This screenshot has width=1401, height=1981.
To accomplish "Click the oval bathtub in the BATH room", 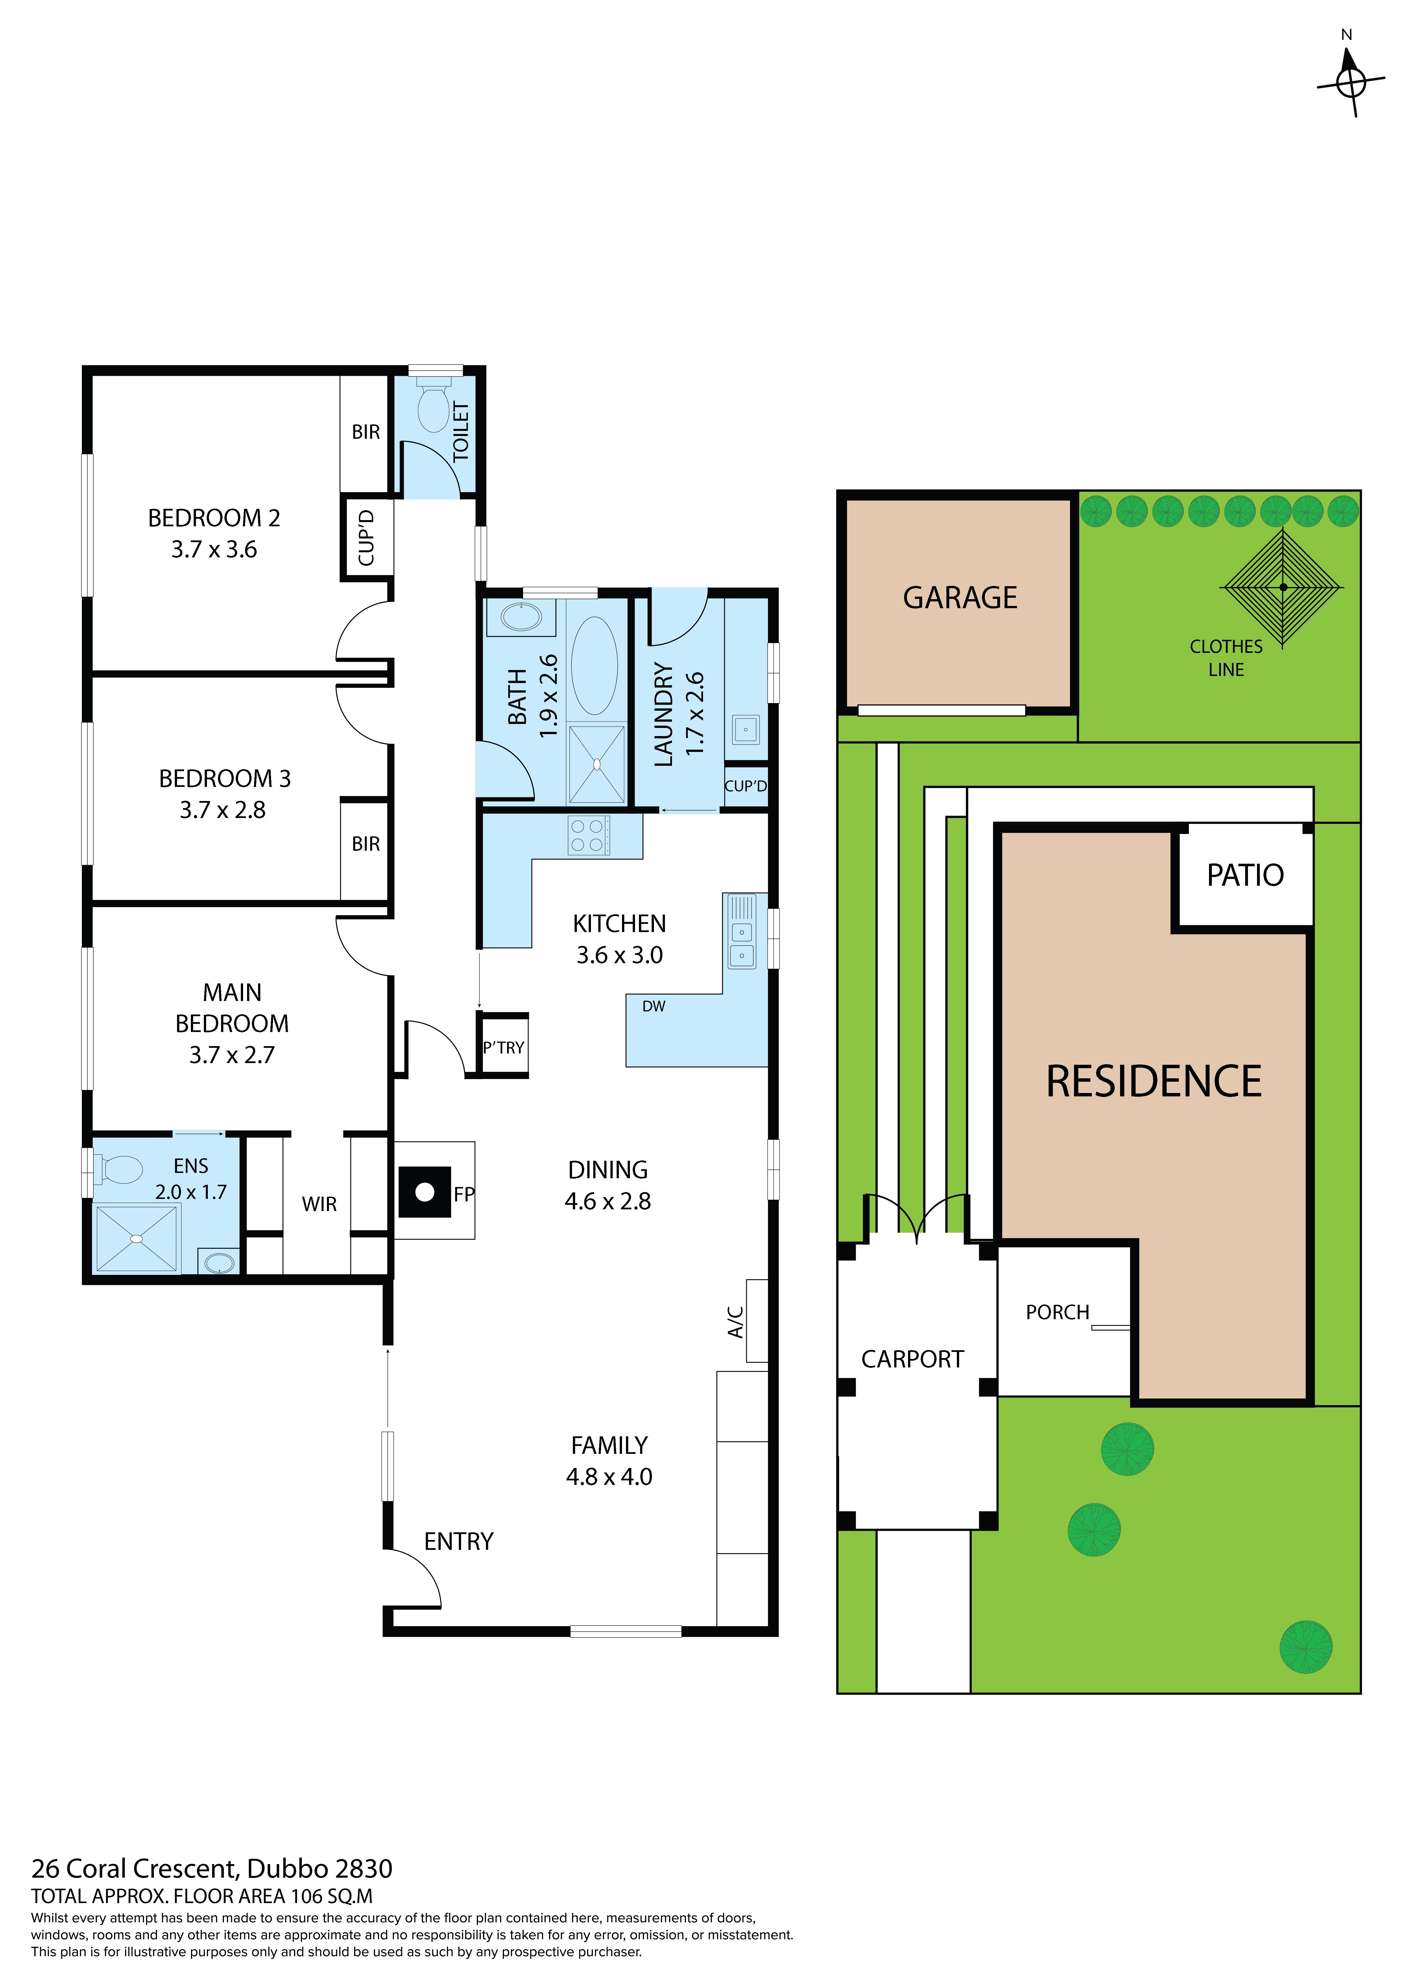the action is tap(594, 665).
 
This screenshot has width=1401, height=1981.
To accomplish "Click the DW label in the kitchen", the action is tap(654, 1006).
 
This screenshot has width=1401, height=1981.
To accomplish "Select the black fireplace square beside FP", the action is tap(424, 1192).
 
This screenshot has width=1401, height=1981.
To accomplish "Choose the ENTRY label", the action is tap(459, 1542).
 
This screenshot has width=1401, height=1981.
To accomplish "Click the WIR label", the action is tap(319, 1205).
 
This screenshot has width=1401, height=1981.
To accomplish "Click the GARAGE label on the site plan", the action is tap(960, 598).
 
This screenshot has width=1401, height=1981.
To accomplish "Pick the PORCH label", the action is tap(1058, 1312).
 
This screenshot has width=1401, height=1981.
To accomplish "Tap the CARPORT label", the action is tap(913, 1360).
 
